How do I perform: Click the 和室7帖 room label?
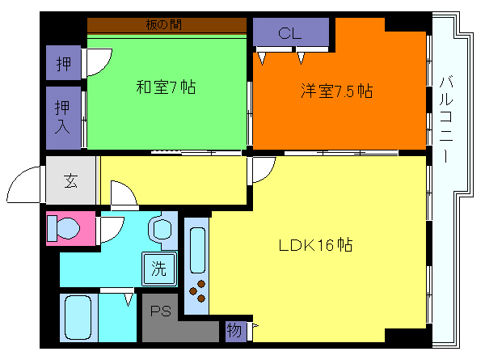(165, 87)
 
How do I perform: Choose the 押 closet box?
(63, 61)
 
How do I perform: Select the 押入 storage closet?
(63, 117)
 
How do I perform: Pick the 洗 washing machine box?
(159, 268)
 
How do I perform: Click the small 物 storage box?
(234, 330)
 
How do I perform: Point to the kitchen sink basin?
(197, 249)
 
